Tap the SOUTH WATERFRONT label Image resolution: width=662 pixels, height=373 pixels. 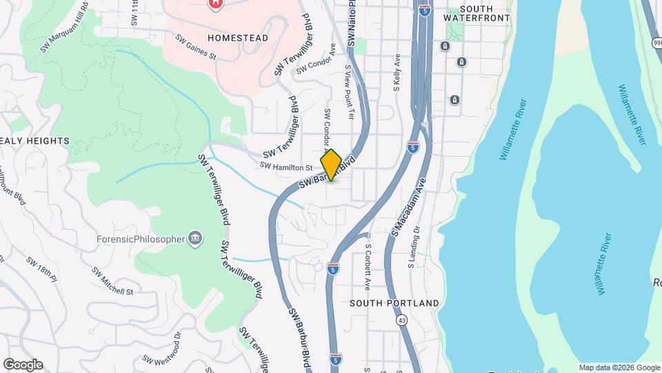[x=477, y=12]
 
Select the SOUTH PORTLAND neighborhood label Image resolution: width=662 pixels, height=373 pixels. [x=394, y=303]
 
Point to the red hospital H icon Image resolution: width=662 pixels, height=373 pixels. [x=215, y=4]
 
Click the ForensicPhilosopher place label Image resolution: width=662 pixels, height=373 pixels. [x=141, y=239]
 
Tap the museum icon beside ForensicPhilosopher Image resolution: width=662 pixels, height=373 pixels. [x=196, y=239]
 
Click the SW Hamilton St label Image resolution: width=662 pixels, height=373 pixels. [x=287, y=166]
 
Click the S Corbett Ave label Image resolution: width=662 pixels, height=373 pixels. [x=368, y=266]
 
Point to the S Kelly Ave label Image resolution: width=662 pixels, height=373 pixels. [x=397, y=73]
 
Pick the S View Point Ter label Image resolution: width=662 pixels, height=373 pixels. [x=350, y=93]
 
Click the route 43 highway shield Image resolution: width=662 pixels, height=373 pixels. [x=401, y=321]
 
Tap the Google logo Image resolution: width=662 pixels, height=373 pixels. [x=23, y=365]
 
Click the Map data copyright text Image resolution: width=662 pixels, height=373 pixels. [x=618, y=367]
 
